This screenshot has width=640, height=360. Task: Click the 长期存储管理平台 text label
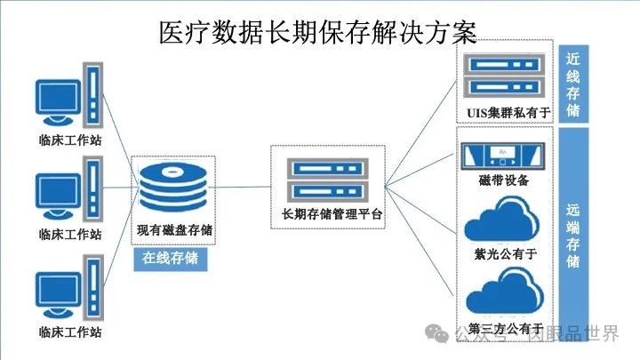pyautogui.click(x=332, y=213)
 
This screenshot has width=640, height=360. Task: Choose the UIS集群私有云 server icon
pyautogui.click(x=503, y=75)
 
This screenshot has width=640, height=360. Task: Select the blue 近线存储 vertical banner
pyautogui.click(x=574, y=84)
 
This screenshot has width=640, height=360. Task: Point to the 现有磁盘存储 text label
pyautogui.click(x=174, y=229)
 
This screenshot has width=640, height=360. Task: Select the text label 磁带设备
pyautogui.click(x=503, y=180)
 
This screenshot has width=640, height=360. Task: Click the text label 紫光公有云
pyautogui.click(x=504, y=253)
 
